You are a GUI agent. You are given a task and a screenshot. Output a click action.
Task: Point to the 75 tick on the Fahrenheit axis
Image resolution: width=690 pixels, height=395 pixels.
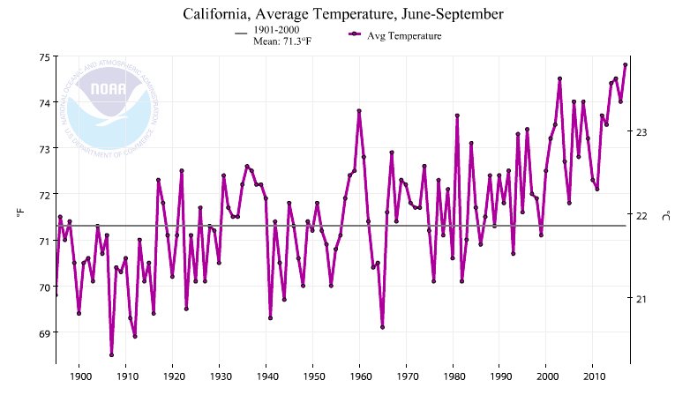[43, 57]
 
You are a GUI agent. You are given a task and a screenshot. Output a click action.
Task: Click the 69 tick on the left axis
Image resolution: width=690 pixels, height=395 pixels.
[43, 332]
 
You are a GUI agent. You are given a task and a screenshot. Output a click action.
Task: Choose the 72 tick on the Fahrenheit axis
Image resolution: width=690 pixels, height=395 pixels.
[43, 194]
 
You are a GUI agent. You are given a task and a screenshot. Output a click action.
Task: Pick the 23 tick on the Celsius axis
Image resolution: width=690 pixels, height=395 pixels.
[641, 132]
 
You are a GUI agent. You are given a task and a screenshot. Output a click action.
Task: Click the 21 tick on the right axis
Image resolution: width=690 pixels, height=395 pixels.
[641, 299]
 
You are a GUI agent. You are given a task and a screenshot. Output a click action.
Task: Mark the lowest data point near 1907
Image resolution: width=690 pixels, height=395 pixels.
[112, 354]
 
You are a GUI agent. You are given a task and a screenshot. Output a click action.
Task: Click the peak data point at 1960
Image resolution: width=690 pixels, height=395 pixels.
[359, 111]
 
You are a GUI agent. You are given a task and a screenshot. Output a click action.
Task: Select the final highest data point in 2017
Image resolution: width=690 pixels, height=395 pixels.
[625, 64]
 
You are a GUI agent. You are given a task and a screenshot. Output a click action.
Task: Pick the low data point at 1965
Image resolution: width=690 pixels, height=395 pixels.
[382, 327]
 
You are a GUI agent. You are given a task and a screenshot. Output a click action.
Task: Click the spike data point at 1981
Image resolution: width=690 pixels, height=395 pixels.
[457, 116]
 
